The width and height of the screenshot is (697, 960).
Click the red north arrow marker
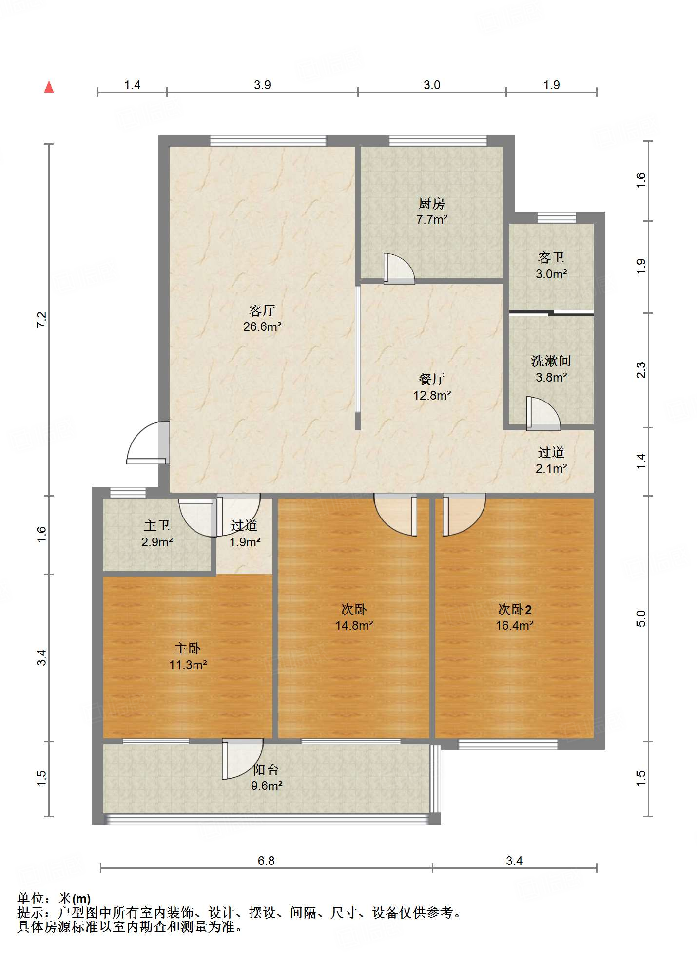click(49, 87)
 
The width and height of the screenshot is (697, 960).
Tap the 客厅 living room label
click(262, 310)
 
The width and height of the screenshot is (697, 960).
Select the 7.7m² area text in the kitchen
click(432, 219)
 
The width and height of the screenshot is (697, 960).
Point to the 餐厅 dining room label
click(432, 379)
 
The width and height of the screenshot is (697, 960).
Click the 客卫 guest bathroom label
click(551, 257)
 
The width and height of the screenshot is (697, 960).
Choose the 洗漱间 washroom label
click(551, 361)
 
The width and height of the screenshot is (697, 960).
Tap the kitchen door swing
click(399, 268)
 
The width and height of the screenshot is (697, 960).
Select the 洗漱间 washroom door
click(543, 414)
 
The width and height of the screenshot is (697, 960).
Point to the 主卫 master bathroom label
click(157, 525)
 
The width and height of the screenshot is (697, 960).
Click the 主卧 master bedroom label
click(188, 648)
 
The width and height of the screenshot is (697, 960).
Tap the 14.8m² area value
click(354, 625)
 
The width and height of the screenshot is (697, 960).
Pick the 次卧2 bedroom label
click(515, 609)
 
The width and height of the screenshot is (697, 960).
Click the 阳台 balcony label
click(266, 769)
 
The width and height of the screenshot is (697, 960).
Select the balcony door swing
click(243, 759)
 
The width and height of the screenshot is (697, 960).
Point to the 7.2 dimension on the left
click(42, 319)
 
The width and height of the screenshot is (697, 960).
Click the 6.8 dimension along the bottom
click(266, 861)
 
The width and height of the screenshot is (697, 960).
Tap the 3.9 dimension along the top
click(262, 85)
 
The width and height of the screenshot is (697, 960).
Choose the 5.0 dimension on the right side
click(641, 618)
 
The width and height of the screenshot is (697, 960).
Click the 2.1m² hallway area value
click(551, 468)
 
